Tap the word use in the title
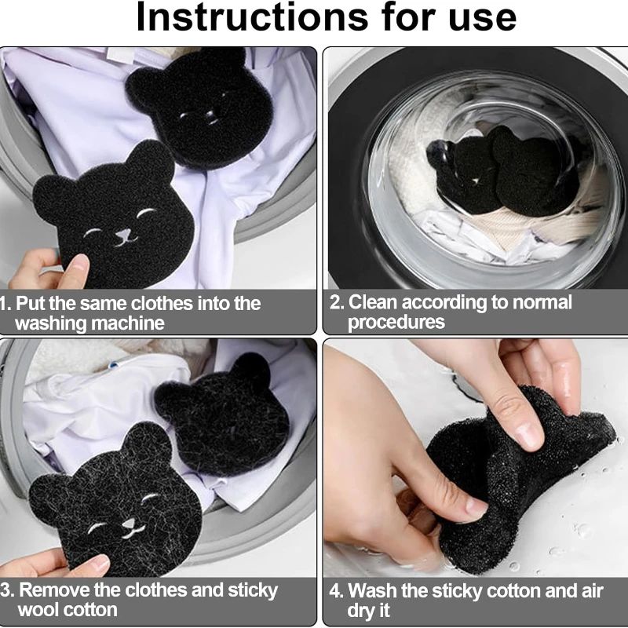pyautogui.click(x=482, y=20)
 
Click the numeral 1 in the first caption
pyautogui.click(x=4, y=304)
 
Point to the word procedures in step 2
pyautogui.click(x=396, y=323)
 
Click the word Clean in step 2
pyautogui.click(x=374, y=302)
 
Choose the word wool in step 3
pyautogui.click(x=37, y=610)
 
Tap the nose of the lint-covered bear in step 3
pyautogui.click(x=129, y=523)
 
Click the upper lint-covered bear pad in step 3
pyautogui.click(x=223, y=417)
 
